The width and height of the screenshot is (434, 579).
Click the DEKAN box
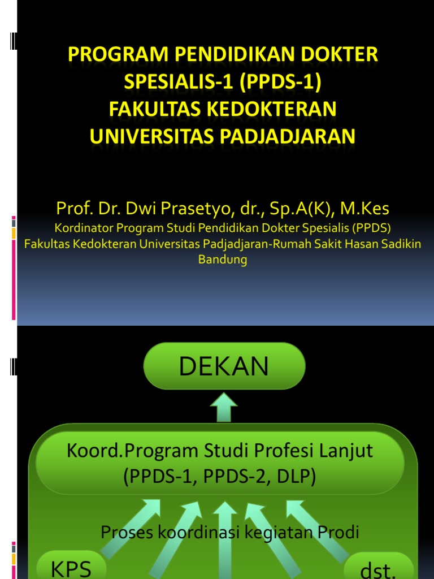coord(224,366)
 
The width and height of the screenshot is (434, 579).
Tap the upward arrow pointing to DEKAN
coord(225,408)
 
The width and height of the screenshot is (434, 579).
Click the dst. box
coord(378,568)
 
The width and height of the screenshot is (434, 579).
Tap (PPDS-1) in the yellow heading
coord(280,82)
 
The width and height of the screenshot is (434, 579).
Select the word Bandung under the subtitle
coord(223,260)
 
